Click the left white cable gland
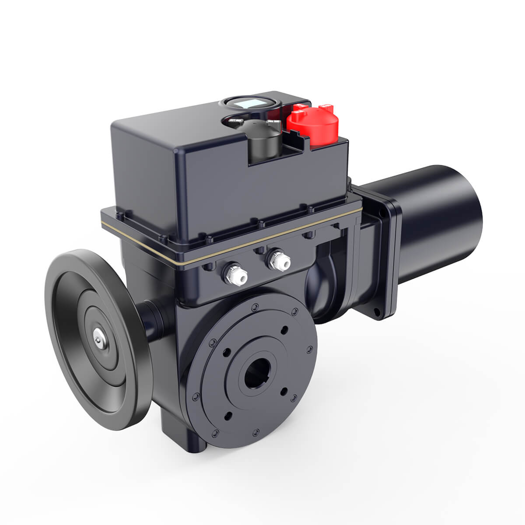coord(235,275)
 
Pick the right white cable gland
coord(278,260)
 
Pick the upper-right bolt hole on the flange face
coord(285,329)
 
